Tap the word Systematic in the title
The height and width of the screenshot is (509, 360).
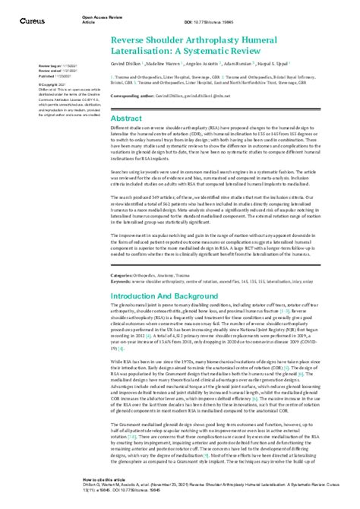(221, 51)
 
